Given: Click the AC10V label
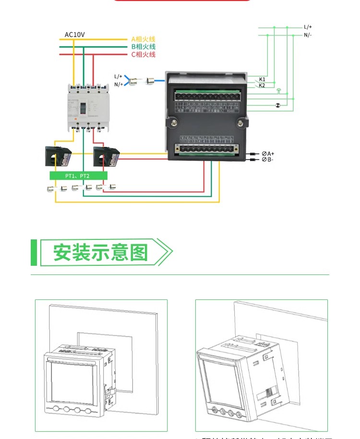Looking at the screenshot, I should (74, 35).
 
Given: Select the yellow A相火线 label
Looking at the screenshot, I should (143, 39).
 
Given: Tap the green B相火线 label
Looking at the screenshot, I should (143, 47).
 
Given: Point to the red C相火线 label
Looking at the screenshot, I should (143, 55).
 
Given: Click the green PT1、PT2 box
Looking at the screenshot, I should (78, 176).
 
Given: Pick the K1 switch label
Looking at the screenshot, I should (262, 79).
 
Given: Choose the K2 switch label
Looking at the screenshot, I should (262, 85).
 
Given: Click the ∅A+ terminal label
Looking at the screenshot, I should (268, 154).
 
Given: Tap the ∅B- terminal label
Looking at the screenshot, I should (267, 159).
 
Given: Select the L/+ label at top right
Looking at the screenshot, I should (308, 27).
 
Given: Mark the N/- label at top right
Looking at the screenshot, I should (308, 35).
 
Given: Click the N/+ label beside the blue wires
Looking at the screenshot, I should (118, 84).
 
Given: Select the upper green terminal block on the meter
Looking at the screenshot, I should (207, 95).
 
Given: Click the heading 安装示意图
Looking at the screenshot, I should (100, 252).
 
